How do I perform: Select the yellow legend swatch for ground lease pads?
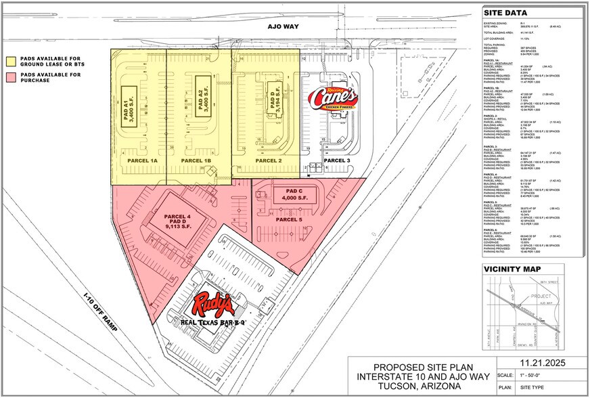[12, 60]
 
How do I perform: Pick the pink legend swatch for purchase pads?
[12, 76]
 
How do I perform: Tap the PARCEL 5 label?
[290, 219]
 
